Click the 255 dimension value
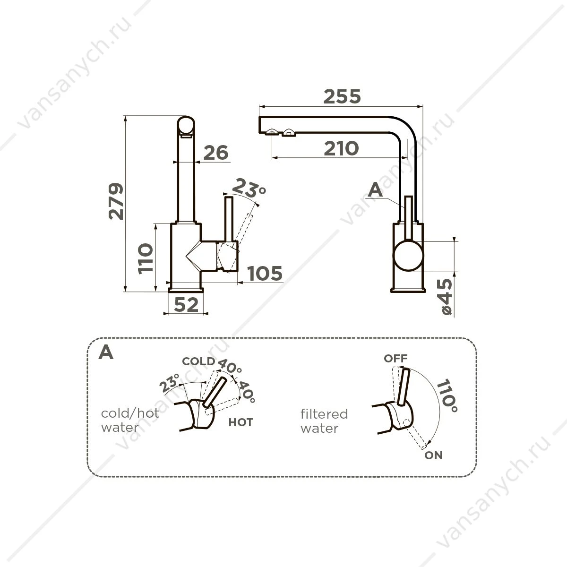pos(342,96)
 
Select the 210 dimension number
pos(341,148)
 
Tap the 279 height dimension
pos(116,202)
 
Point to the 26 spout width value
pos(215,153)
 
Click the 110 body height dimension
pos(146,258)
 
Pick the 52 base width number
pos(186,305)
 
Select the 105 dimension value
pos(265,274)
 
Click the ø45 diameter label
pos(445,297)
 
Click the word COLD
pos(198,361)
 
